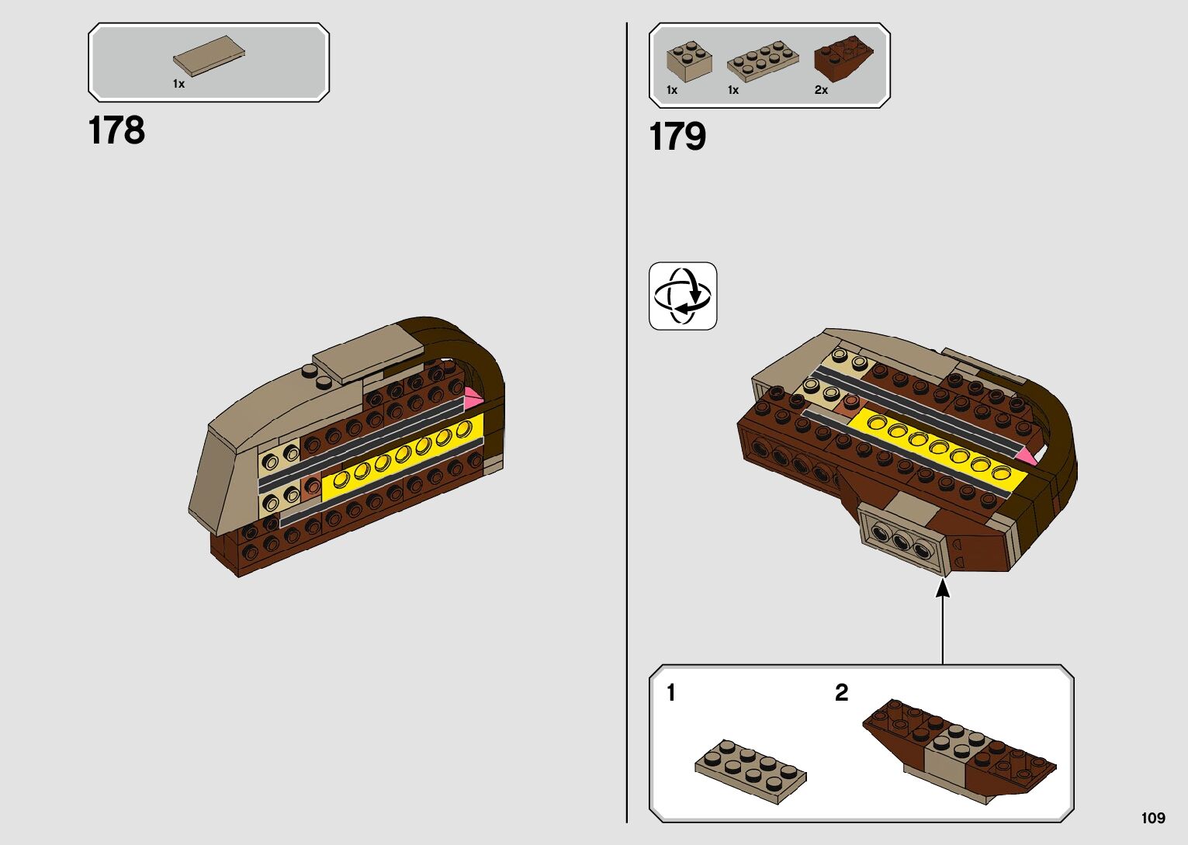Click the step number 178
[116, 130]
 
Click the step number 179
[677, 137]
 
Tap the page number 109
[1153, 818]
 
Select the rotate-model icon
[683, 296]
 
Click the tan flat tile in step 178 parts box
[209, 55]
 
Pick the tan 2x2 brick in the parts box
[689, 61]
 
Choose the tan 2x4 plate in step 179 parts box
[763, 61]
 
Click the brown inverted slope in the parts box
[843, 58]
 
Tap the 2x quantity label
[821, 90]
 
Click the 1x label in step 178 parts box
[178, 84]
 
